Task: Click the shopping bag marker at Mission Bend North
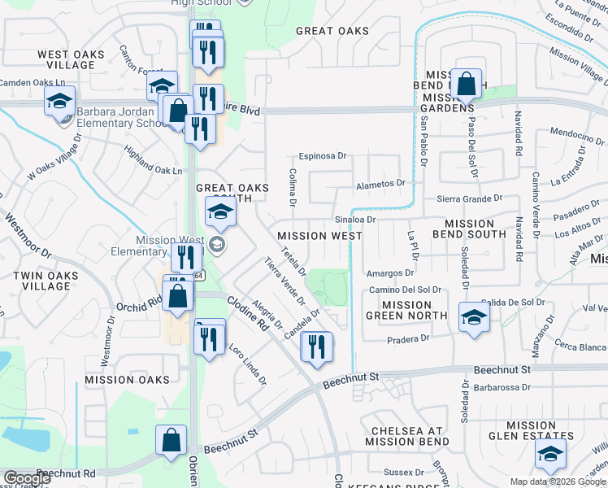467,83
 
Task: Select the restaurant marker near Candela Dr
316,346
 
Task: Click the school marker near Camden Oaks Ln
59,101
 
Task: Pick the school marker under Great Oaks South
219,212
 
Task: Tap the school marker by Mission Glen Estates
550,456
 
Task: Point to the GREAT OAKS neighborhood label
332,31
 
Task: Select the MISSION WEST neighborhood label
319,236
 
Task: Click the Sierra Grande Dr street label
471,198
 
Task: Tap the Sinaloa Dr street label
354,220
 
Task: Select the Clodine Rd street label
247,312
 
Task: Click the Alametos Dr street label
380,184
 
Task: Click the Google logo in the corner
27,478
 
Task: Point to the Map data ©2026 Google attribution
558,481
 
